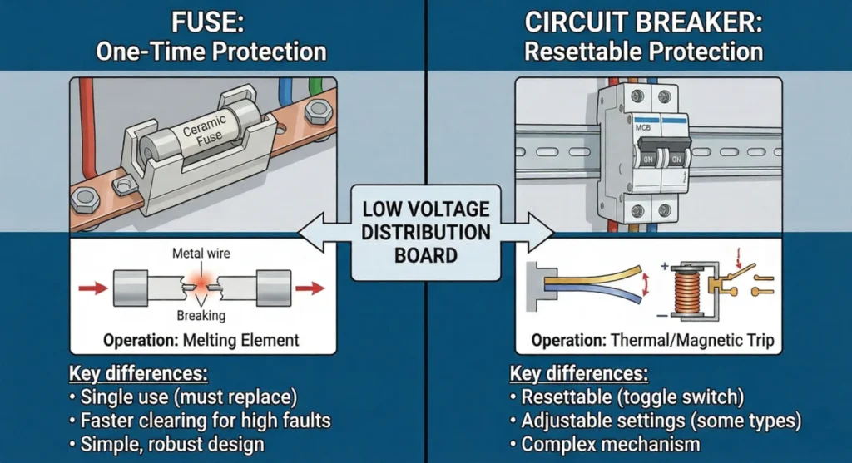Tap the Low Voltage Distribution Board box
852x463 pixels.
[426, 232]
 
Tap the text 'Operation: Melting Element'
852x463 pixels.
[201, 340]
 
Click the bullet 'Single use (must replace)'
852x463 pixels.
[191, 397]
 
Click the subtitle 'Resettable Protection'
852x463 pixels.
[642, 52]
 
